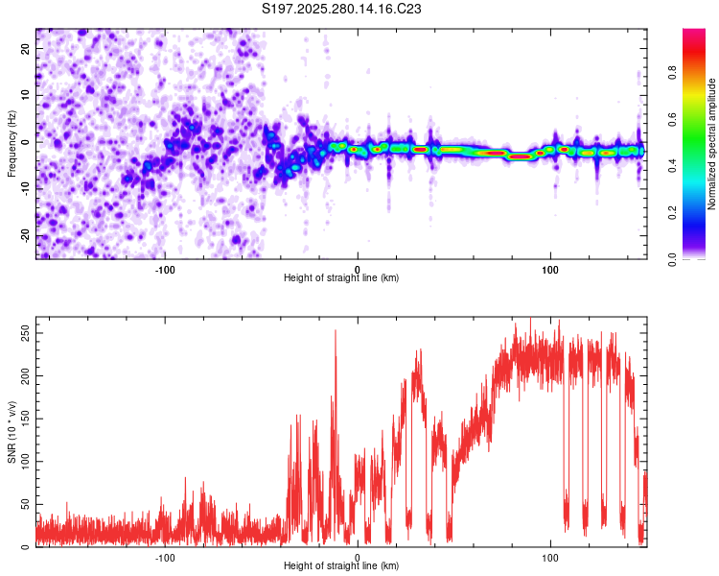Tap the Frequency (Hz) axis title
(12, 143)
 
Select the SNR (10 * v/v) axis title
(12, 435)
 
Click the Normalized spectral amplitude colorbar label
(712, 144)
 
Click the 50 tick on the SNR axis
(24, 504)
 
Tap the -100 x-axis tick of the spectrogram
(165, 268)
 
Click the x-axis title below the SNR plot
(341, 566)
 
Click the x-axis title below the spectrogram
(341, 278)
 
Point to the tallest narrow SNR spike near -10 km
(336, 331)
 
